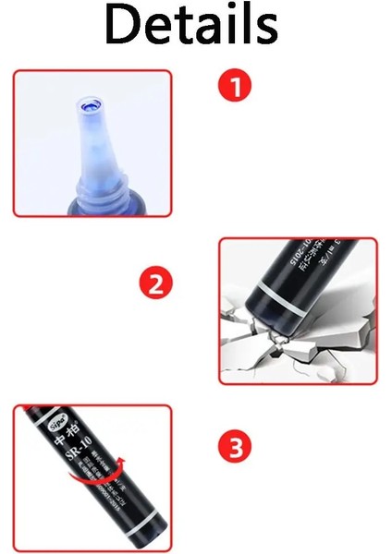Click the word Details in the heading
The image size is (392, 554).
pos(190,26)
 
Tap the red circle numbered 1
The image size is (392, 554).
pos(235,88)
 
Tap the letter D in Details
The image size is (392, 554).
pos(120,26)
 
